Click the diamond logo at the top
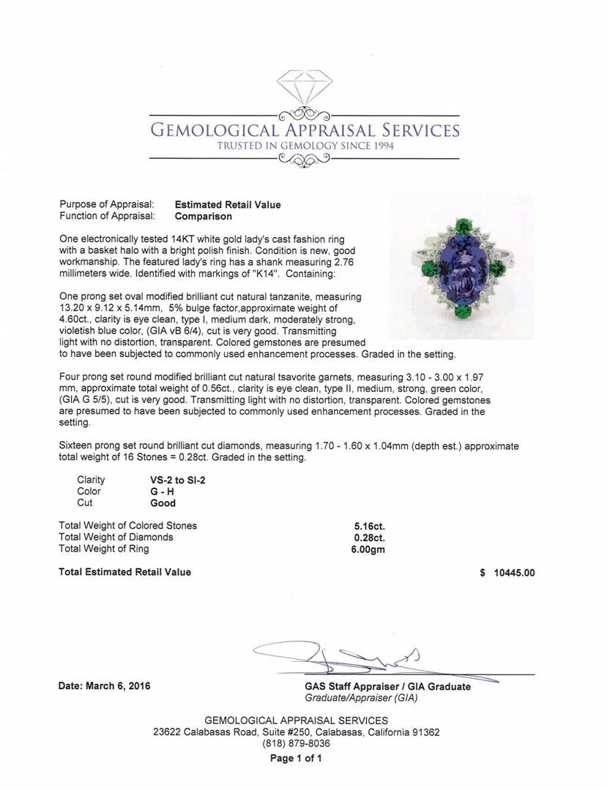(x=304, y=86)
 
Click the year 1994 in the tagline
(x=379, y=146)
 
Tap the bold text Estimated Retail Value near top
(x=228, y=205)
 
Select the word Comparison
(x=204, y=216)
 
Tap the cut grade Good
(x=163, y=503)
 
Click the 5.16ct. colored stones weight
(x=369, y=526)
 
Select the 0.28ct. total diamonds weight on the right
(x=369, y=538)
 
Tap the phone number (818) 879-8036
(x=296, y=743)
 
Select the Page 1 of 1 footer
(x=296, y=759)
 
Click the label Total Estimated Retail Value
(x=124, y=572)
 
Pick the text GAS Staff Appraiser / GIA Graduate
(x=387, y=687)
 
